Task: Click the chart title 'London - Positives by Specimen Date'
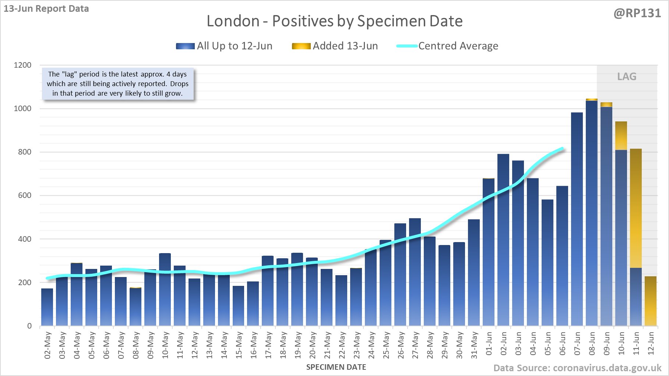point(334,21)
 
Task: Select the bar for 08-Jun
point(592,213)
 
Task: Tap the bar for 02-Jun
point(503,239)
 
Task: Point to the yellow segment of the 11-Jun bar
point(636,208)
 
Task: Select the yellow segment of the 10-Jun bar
point(621,135)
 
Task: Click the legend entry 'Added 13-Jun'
point(335,46)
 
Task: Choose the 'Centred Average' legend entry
point(447,46)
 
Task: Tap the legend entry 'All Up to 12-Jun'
point(224,46)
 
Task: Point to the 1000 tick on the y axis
point(22,109)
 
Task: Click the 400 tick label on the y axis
point(25,239)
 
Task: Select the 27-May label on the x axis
point(415,345)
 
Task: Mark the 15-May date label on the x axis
point(239,345)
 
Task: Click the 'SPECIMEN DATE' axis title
point(336,367)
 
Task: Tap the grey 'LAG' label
point(627,77)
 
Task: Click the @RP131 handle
point(637,13)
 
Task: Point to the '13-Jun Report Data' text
point(46,8)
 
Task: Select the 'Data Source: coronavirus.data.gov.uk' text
point(577,368)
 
